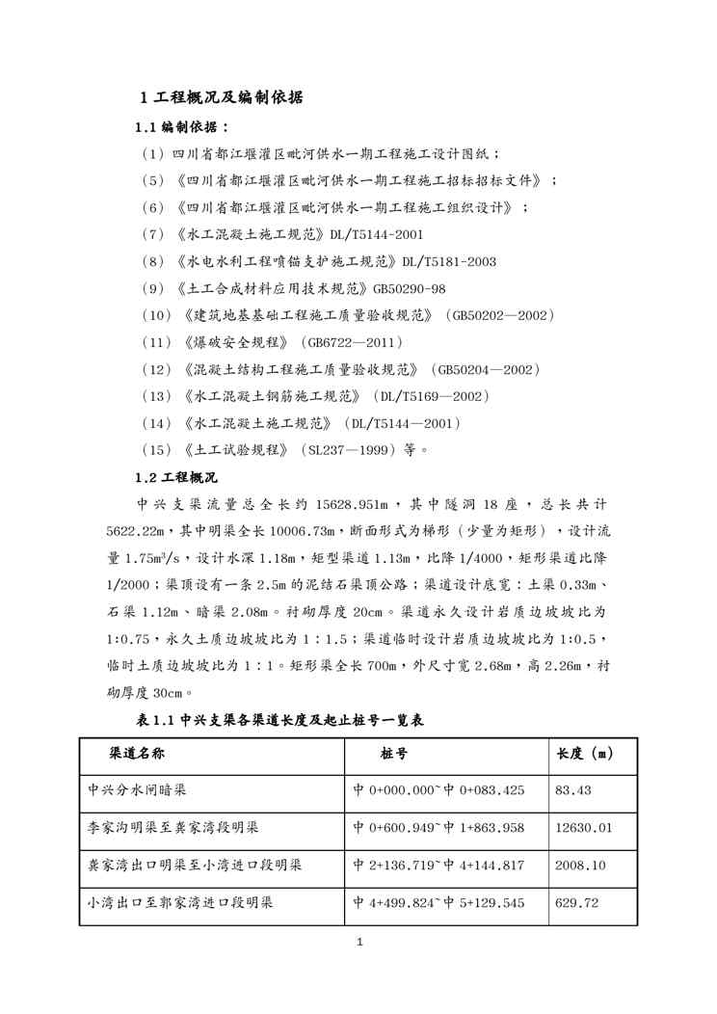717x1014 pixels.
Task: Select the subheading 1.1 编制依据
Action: [x=182, y=126]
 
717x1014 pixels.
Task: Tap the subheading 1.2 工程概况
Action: [x=176, y=477]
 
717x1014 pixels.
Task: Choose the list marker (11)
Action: [x=157, y=342]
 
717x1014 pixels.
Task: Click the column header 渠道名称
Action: [x=135, y=753]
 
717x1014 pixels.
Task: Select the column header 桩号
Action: [x=394, y=753]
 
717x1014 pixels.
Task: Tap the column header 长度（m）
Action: [x=587, y=753]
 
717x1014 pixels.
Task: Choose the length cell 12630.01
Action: [x=584, y=828]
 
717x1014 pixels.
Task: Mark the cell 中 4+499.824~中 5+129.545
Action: [x=438, y=903]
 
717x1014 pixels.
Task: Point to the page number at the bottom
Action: [x=358, y=943]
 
